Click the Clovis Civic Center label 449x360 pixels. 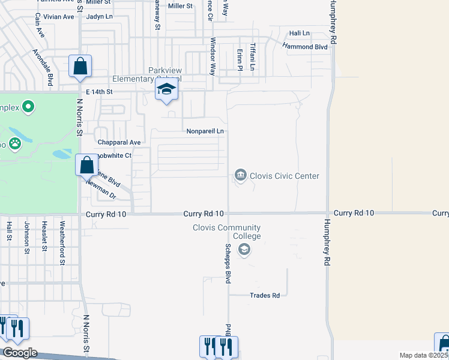click(x=285, y=176)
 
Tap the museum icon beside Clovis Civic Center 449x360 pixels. click(x=240, y=175)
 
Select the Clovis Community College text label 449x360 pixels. click(x=226, y=232)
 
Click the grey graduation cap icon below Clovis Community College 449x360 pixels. click(x=244, y=251)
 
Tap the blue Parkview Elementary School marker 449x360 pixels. click(x=166, y=91)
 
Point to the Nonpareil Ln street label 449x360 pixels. click(x=205, y=131)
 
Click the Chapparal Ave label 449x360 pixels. click(x=119, y=142)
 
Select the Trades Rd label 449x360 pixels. click(x=265, y=295)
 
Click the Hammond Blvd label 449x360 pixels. click(x=305, y=46)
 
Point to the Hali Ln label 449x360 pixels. click(x=299, y=33)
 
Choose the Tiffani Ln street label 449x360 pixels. click(x=253, y=57)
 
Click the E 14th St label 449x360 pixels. click(x=99, y=92)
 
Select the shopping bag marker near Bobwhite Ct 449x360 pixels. click(x=86, y=164)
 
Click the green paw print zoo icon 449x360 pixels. click(x=14, y=144)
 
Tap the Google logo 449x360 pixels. click(x=19, y=353)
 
